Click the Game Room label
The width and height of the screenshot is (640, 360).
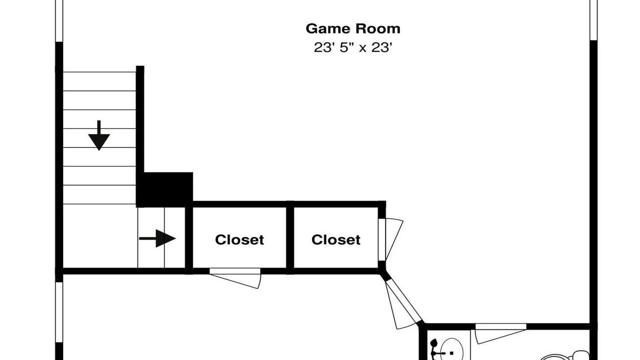coord(353,29)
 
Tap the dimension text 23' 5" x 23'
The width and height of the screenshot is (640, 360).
coord(353,47)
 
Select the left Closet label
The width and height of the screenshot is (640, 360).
coord(239,239)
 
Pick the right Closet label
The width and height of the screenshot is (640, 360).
coord(335,239)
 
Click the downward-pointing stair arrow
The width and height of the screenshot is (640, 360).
coord(99,135)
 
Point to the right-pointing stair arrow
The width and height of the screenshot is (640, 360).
coord(157,238)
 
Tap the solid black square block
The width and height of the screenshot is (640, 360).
coord(164,189)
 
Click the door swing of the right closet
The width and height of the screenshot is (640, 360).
coord(391,239)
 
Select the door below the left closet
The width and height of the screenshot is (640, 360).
coord(235,278)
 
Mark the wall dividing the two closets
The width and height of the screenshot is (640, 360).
coord(290,237)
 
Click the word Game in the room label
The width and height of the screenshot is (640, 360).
coord(328,29)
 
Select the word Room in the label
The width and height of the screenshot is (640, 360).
coord(378,29)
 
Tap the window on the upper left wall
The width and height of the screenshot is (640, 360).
coord(59,21)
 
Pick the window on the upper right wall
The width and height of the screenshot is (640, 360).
coord(593,20)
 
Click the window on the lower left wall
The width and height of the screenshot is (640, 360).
coord(59,312)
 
